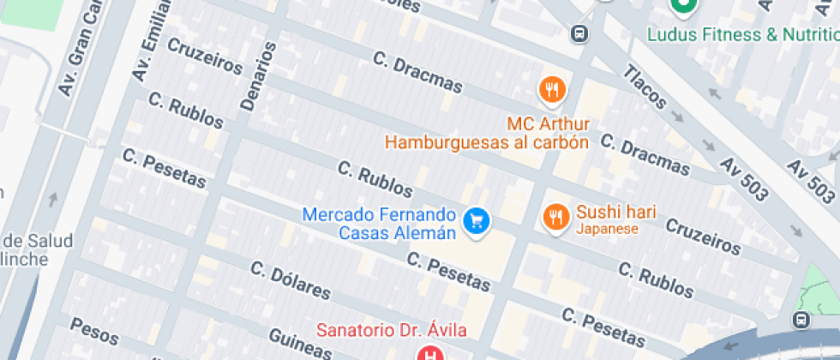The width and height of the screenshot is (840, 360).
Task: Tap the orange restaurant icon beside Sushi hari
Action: [x=556, y=218]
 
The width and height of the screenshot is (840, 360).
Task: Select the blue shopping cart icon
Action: [x=476, y=221]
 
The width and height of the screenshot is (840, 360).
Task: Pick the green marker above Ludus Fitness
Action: [x=683, y=7]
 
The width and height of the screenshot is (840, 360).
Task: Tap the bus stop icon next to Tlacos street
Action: [x=579, y=33]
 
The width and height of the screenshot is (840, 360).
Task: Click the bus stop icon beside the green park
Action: [x=801, y=320]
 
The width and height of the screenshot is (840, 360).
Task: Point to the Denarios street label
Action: [x=257, y=77]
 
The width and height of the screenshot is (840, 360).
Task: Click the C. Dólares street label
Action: [x=290, y=279]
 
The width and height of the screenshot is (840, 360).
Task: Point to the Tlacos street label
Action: [x=644, y=87]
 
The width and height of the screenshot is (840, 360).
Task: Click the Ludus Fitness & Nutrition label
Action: [x=742, y=34]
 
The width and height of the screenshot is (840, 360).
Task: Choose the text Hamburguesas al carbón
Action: [x=487, y=142]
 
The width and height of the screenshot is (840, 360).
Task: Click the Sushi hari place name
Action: [x=616, y=211]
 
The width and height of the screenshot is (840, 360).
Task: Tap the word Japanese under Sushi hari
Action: [x=607, y=229]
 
